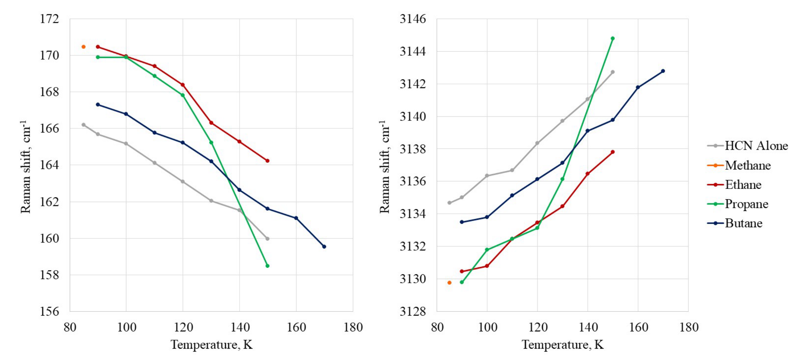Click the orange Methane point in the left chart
click(x=83, y=47)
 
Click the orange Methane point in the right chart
click(x=449, y=283)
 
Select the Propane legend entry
click(x=746, y=204)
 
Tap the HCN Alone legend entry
click(x=756, y=146)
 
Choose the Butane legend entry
click(x=743, y=223)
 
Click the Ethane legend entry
click(x=743, y=185)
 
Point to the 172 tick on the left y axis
click(x=50, y=19)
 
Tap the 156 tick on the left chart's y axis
click(x=50, y=311)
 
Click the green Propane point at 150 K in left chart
click(x=267, y=266)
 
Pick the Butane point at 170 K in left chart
click(x=324, y=246)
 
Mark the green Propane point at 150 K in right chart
click(x=612, y=39)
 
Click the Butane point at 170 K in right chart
click(x=663, y=71)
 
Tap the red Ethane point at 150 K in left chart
click(x=267, y=161)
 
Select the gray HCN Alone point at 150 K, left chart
click(x=267, y=239)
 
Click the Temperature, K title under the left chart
click(x=212, y=345)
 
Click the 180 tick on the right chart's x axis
click(x=689, y=327)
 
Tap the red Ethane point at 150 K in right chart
click(x=612, y=152)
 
